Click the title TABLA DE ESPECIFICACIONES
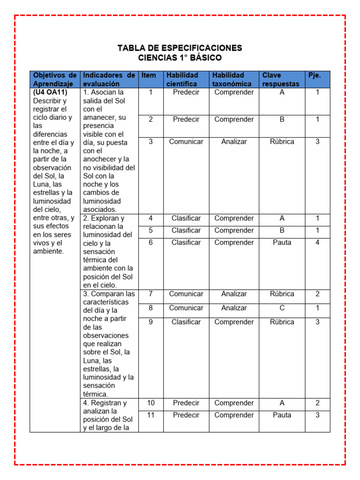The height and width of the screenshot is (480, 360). [x=180, y=48]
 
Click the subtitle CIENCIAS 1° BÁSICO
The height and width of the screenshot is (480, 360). [x=180, y=58]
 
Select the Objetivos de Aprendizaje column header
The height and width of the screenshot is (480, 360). [x=55, y=79]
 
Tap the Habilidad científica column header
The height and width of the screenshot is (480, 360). [x=182, y=79]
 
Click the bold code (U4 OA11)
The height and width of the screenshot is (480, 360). [x=50, y=92]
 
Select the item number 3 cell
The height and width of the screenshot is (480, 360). [x=150, y=142]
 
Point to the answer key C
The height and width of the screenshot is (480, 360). [x=282, y=308]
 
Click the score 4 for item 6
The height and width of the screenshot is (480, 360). [x=317, y=242]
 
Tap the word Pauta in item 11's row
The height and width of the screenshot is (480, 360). [x=282, y=415]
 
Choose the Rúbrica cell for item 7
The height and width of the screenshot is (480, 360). [x=282, y=294]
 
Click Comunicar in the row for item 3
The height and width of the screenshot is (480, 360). [x=186, y=142]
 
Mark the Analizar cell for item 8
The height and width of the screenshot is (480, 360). [x=234, y=308]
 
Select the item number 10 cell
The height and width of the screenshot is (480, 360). [x=150, y=403]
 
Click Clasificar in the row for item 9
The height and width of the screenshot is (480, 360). [x=186, y=322]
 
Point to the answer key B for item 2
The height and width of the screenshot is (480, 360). [x=282, y=120]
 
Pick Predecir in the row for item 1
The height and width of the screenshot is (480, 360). [x=186, y=92]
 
